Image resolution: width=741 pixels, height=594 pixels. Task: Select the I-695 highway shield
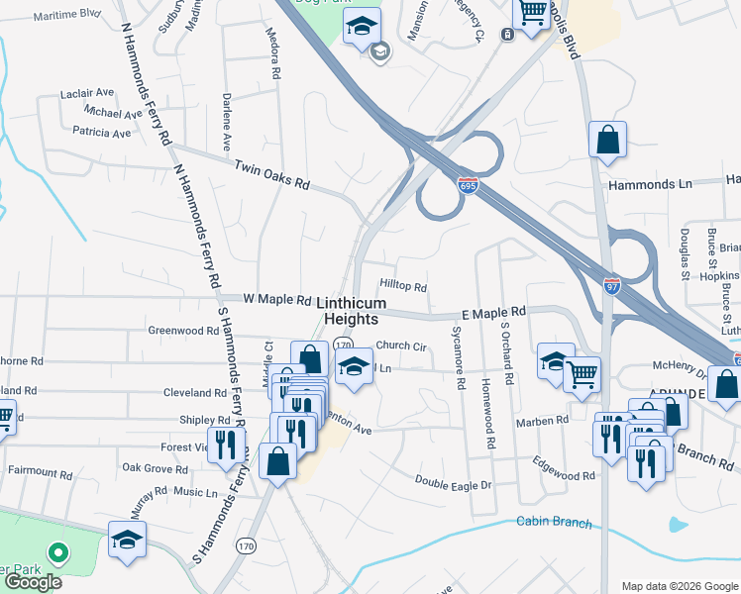(469, 185)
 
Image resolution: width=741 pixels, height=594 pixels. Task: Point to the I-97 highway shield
(612, 285)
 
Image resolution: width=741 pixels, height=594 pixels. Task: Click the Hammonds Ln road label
(650, 184)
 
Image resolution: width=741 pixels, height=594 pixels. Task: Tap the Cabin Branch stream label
(554, 523)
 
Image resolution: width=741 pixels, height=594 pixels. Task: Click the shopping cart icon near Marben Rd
(582, 373)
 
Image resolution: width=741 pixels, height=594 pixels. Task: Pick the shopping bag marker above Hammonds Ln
(607, 140)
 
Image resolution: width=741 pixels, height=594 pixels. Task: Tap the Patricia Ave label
(101, 132)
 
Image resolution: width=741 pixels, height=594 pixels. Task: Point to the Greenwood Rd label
(180, 330)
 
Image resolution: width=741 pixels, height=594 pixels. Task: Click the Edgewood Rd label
(563, 475)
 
